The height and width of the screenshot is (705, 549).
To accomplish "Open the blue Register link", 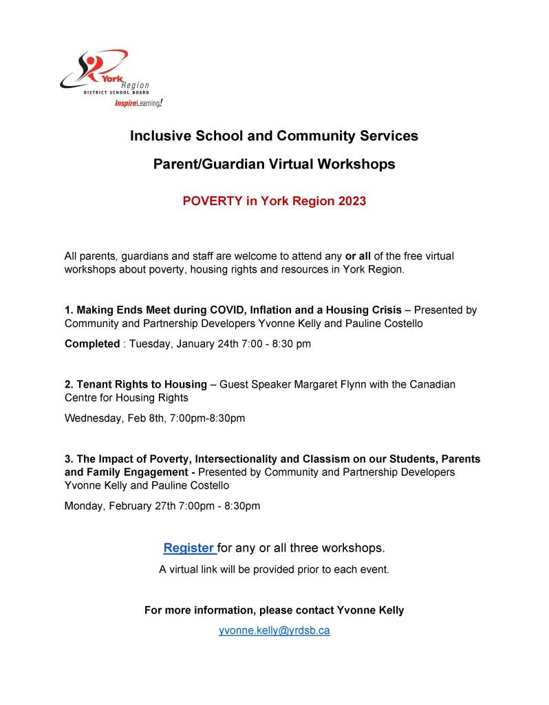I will point(189,548).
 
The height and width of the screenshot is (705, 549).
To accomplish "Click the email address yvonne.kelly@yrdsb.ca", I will point(274,630).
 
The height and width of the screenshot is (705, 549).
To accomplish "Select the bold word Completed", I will point(92,344).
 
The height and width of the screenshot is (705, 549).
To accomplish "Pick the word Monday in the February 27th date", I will point(85,506).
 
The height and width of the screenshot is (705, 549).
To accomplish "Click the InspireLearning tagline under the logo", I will point(138,103).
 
